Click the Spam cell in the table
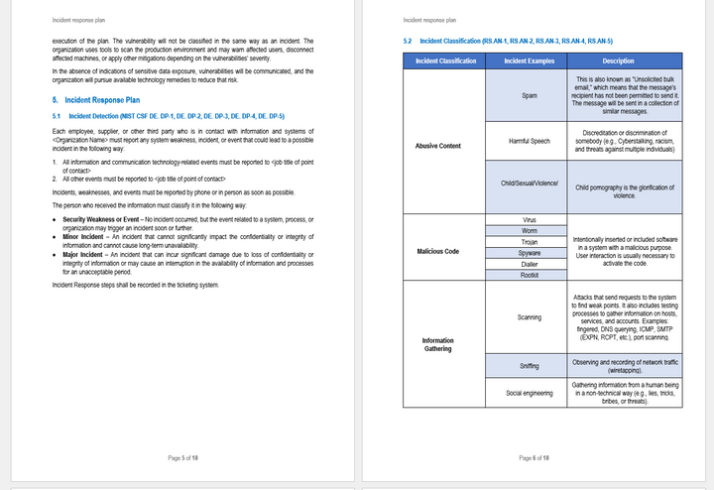[x=529, y=96]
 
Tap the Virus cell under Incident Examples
[x=529, y=218]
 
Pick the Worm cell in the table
[x=529, y=229]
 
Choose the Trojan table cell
[x=529, y=241]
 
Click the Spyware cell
[x=529, y=253]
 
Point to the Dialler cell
[x=529, y=264]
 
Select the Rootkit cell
[x=529, y=276]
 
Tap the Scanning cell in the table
[x=529, y=317]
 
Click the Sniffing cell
[x=529, y=366]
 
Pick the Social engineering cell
[x=529, y=393]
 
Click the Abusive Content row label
[x=437, y=146]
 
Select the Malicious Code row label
[x=437, y=250]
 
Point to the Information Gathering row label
[x=437, y=344]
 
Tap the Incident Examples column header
[x=529, y=61]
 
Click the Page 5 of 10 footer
[x=184, y=457]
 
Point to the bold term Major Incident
[x=85, y=253]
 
